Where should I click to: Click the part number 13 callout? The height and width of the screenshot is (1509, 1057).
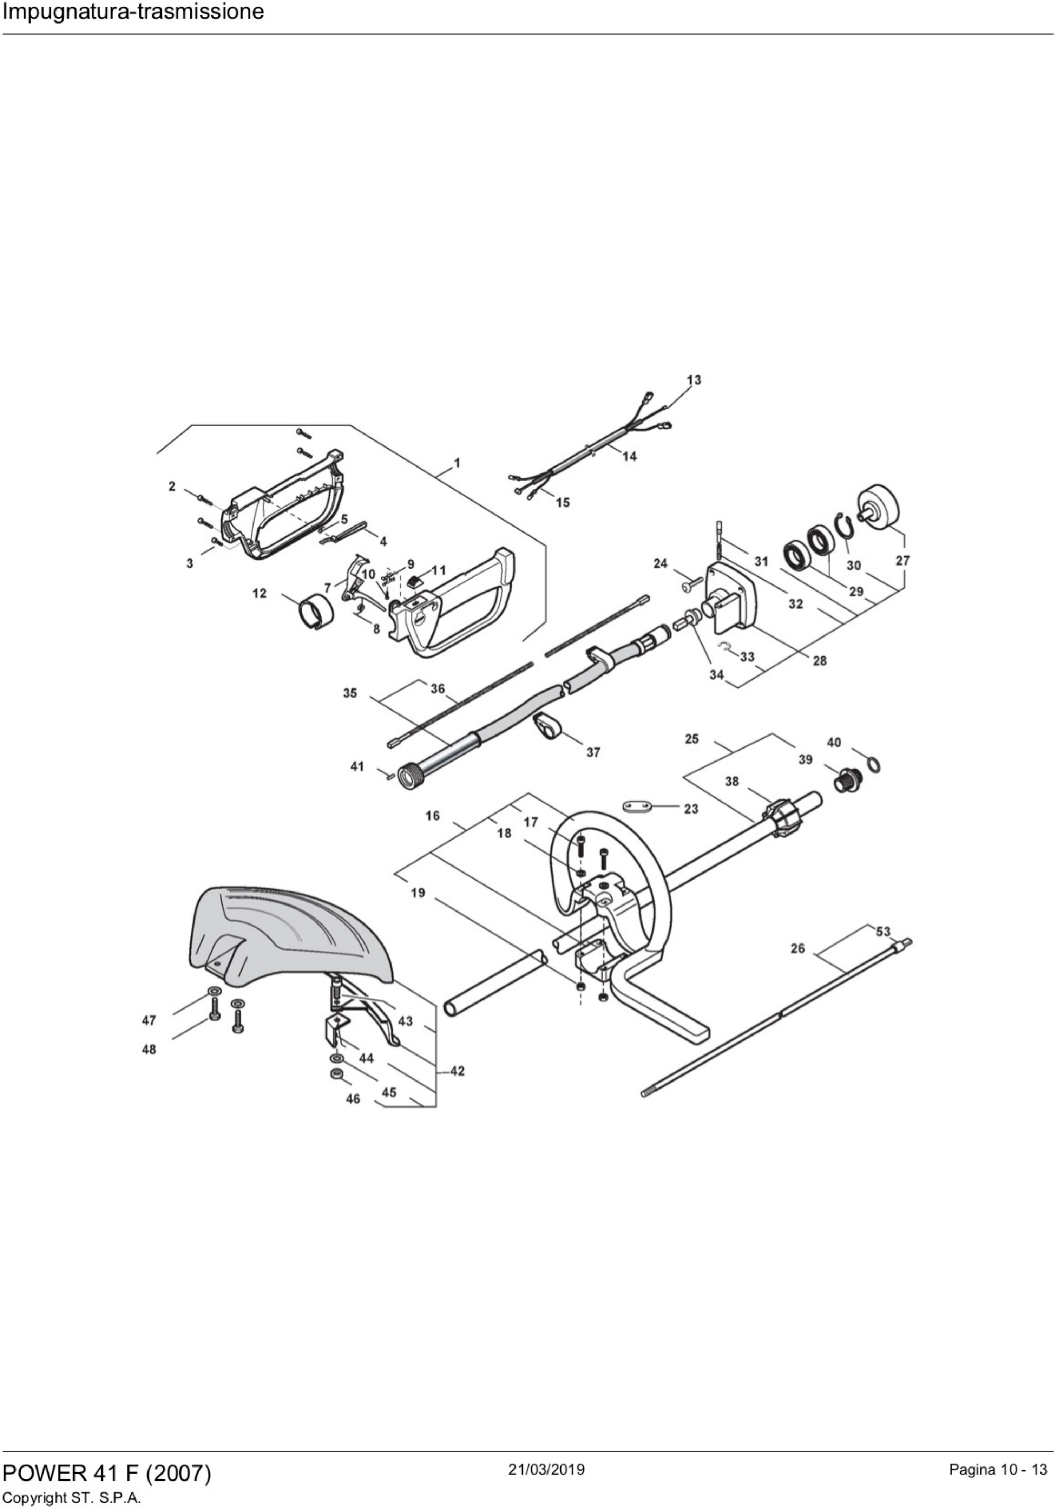point(694,380)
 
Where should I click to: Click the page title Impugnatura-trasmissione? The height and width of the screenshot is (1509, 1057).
point(133,12)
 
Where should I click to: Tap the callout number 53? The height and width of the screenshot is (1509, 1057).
point(883,931)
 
